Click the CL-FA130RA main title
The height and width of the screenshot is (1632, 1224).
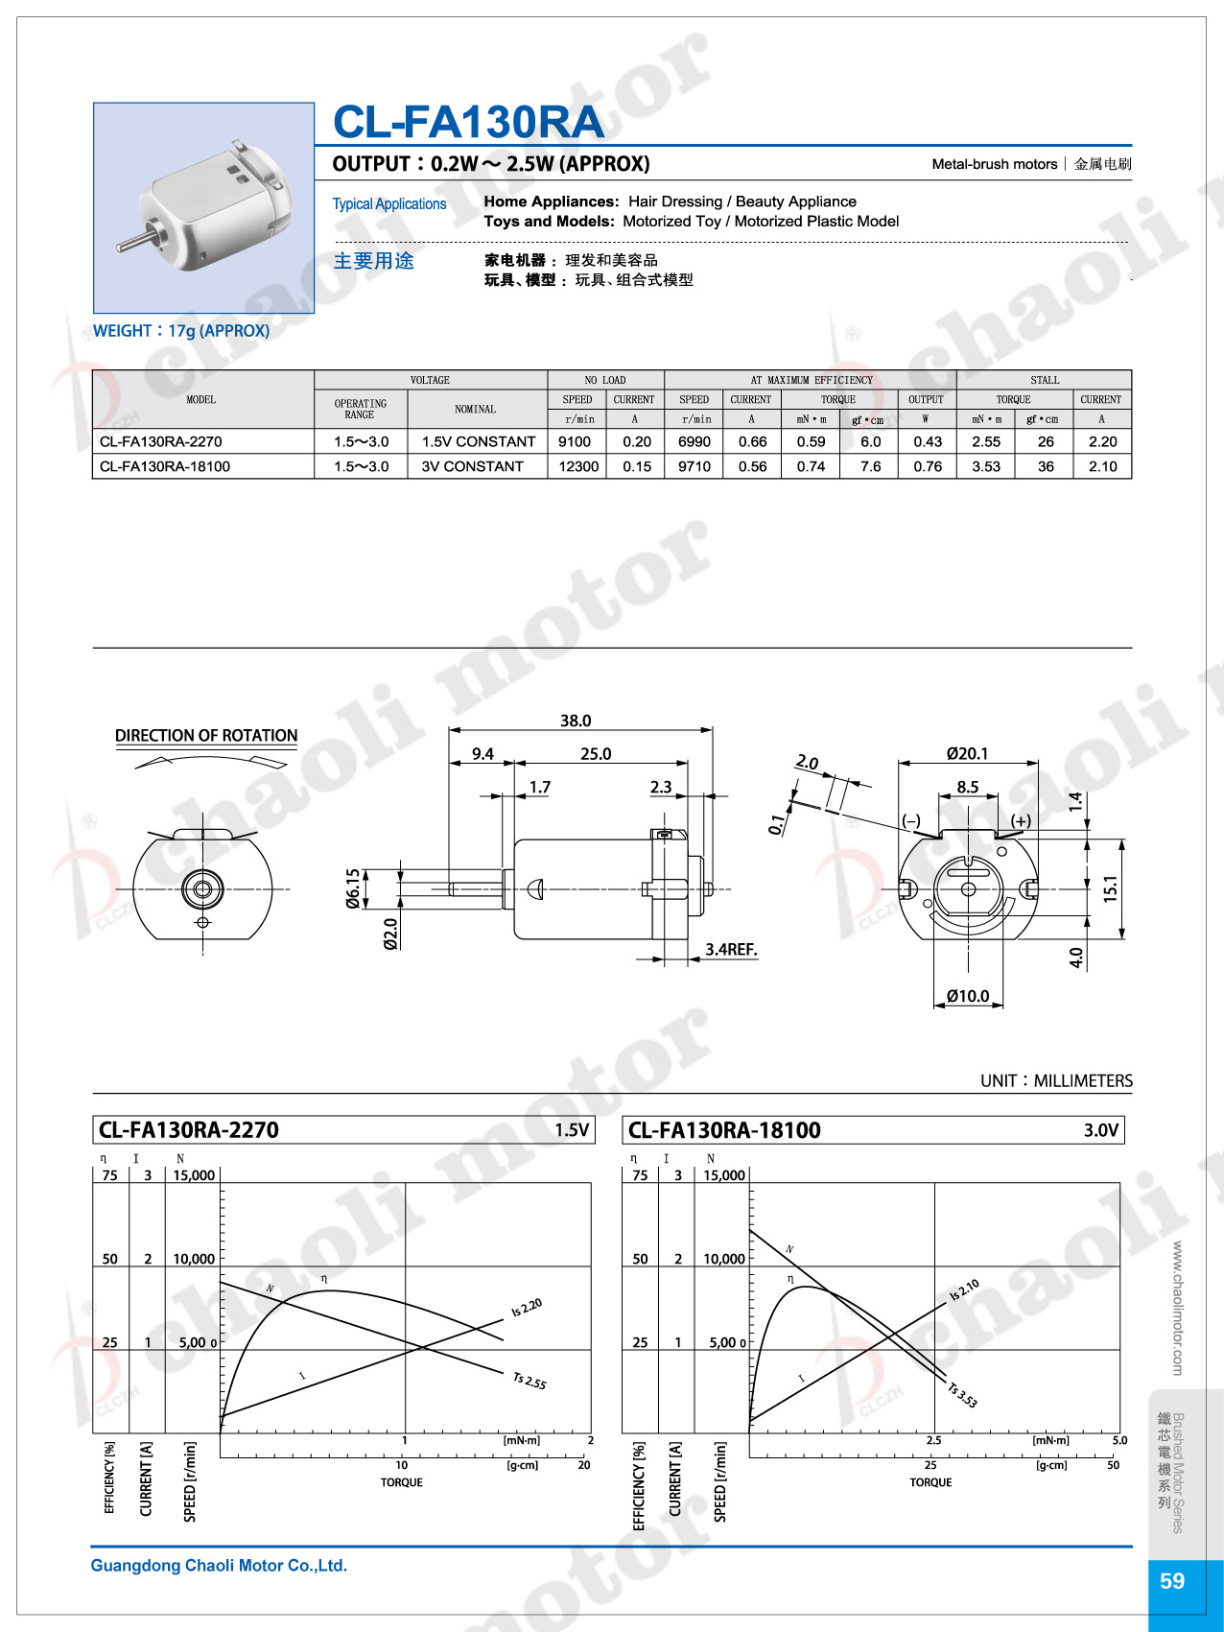(468, 122)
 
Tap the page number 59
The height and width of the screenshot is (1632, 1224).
(1172, 1581)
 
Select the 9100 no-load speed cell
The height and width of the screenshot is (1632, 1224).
(575, 441)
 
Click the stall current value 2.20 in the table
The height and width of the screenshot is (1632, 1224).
(1102, 441)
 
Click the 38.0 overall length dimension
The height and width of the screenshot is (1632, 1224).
(576, 721)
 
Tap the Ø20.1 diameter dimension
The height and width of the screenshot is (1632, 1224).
(967, 754)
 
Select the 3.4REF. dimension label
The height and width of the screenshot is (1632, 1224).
(731, 950)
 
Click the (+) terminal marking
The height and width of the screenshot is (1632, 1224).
(1021, 821)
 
